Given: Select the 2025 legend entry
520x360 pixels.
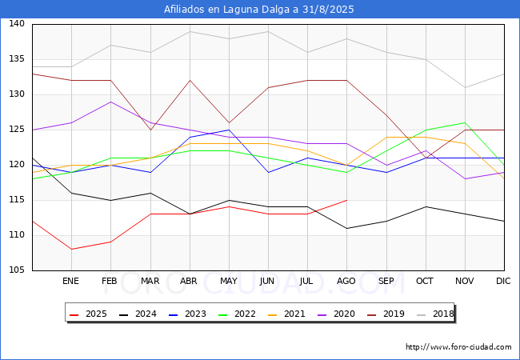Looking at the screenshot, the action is coord(88,314).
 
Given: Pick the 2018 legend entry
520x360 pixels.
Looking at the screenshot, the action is coord(434,314).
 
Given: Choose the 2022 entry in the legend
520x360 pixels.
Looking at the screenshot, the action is coord(237,314).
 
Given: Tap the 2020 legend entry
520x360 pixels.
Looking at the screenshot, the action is coord(336,314).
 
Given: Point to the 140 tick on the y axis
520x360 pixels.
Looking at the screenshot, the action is coord(17,23).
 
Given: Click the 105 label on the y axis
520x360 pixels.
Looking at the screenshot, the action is coord(17,270).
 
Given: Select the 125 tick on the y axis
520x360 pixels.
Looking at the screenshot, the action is coord(17,130).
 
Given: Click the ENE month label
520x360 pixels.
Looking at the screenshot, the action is coord(70,281).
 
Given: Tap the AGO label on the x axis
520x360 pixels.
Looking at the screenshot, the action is coord(346,281).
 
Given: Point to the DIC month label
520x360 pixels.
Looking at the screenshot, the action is coord(503,281).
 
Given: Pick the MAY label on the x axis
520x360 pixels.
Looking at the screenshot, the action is coord(229,281).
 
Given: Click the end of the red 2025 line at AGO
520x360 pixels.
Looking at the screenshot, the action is coord(347,200).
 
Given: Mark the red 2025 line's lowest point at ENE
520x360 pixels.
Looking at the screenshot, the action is coord(72,250).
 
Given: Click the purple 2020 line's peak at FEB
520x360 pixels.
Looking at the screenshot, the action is coord(110,102).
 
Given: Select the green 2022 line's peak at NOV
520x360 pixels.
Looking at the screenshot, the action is coord(466,122).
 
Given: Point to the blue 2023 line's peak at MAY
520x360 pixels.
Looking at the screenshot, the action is coord(229,130).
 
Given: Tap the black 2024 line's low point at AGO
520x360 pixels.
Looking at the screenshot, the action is coord(347,228).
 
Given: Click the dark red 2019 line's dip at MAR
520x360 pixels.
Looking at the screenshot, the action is coord(151,130).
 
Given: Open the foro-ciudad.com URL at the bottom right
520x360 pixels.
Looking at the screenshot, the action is coord(458,347).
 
